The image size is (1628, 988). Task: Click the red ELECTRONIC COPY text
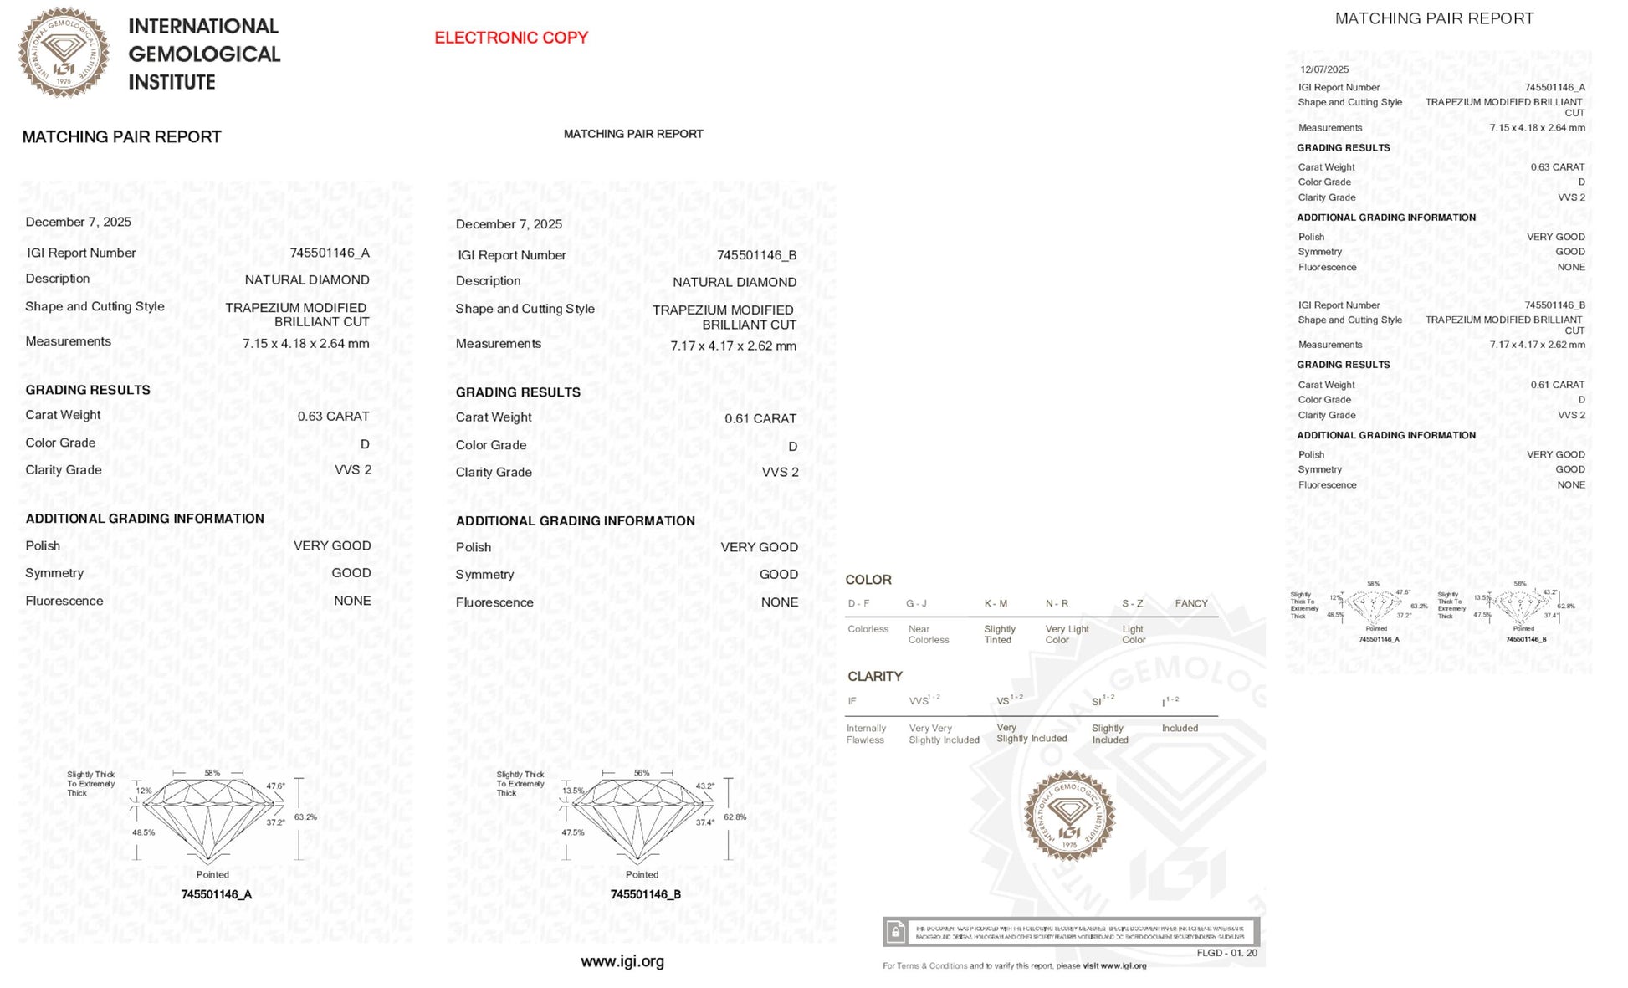(511, 38)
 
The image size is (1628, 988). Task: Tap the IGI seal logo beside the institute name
(64, 53)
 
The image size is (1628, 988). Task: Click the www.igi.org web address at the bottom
(622, 962)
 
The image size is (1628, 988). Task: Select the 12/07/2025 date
(1324, 69)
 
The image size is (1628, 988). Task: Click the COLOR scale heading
(868, 580)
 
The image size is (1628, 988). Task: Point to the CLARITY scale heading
(875, 676)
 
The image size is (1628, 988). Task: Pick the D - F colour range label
(858, 603)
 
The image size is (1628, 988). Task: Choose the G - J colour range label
(916, 603)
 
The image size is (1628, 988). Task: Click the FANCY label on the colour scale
(1190, 603)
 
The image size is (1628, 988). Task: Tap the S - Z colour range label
(1133, 603)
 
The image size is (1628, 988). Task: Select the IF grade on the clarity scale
(852, 701)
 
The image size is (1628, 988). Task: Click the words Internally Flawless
(866, 734)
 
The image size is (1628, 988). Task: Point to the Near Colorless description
(928, 634)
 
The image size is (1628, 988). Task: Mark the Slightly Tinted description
(1000, 634)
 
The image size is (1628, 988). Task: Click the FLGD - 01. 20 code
(1226, 953)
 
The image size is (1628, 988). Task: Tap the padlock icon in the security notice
(895, 931)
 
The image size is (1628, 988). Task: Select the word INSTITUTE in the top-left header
(172, 82)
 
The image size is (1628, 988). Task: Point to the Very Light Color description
(1067, 634)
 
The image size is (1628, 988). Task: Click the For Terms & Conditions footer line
(1014, 966)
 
